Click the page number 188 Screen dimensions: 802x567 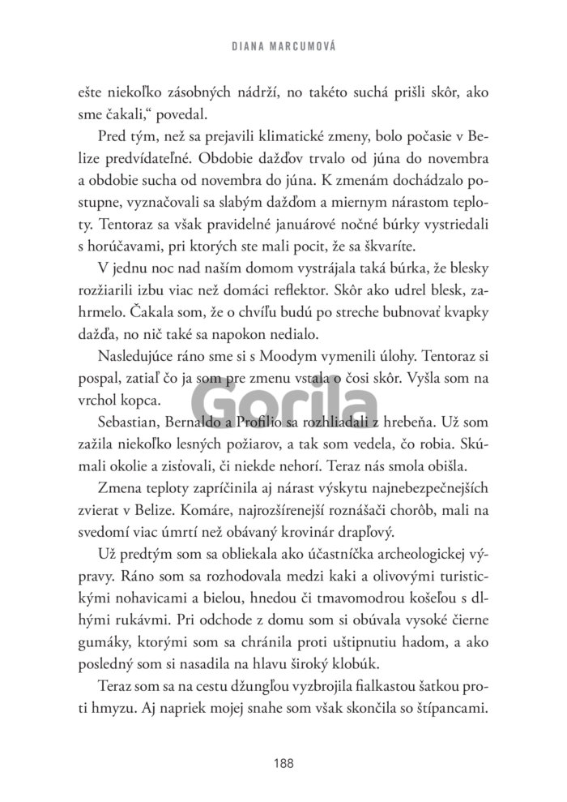pyautogui.click(x=283, y=762)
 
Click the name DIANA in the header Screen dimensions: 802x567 pyautogui.click(x=249, y=46)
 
